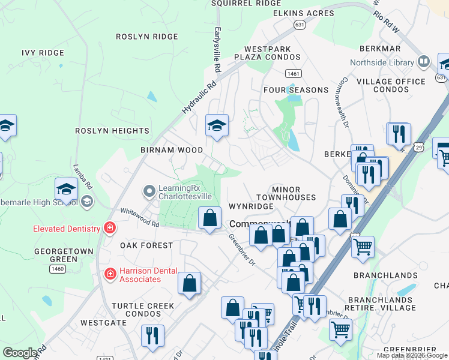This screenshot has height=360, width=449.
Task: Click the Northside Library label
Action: click(x=382, y=62)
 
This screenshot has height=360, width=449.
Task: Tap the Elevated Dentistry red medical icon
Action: click(x=109, y=228)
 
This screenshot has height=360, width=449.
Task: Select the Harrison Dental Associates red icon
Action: click(x=109, y=274)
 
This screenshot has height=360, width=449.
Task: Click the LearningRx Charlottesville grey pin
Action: click(x=149, y=191)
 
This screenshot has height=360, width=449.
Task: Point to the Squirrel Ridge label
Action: click(x=246, y=4)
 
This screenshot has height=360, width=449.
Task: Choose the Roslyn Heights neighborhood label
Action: click(x=112, y=130)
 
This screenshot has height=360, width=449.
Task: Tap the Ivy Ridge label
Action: click(x=43, y=53)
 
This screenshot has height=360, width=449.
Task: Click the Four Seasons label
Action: click(x=296, y=90)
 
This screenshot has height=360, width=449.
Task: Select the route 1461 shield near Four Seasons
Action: click(x=294, y=73)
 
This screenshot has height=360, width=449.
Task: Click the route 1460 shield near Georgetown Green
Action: click(x=58, y=269)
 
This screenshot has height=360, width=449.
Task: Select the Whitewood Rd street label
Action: click(x=139, y=217)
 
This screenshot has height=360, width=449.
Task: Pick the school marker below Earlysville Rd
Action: click(x=217, y=126)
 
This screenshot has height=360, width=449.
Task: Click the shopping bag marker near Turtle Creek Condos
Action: click(x=189, y=284)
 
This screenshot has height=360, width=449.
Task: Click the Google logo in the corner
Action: click(x=20, y=353)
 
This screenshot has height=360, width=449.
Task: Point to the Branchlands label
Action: click(x=385, y=275)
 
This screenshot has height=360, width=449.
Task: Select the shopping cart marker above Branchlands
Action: click(x=363, y=247)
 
